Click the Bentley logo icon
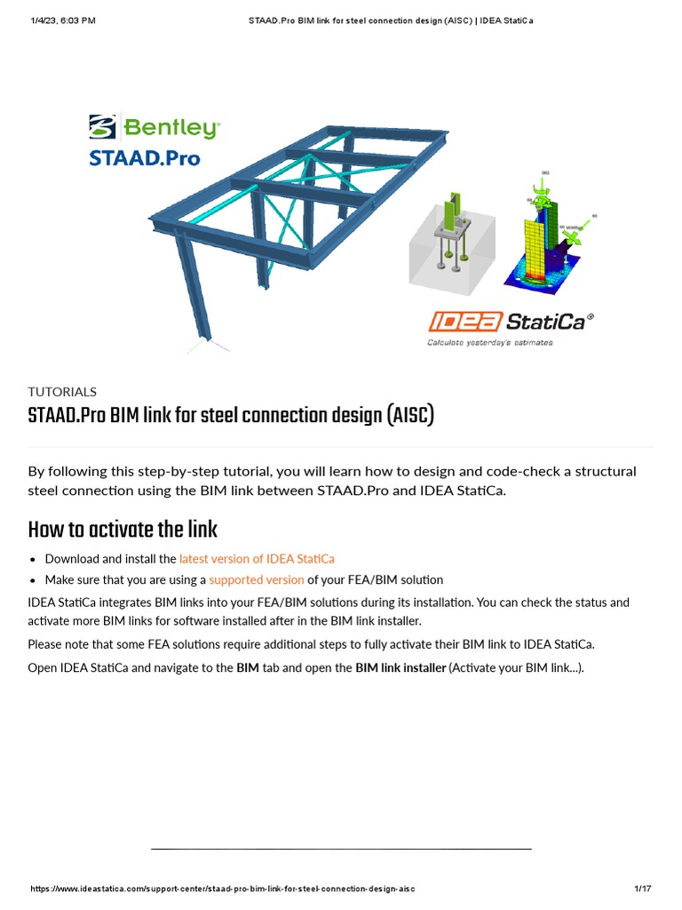[102, 126]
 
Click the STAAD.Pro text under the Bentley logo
[144, 159]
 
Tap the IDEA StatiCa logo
[511, 321]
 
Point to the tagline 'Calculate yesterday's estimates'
[489, 342]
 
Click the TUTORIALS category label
[62, 391]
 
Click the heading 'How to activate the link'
[123, 530]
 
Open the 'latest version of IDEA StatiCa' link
[257, 559]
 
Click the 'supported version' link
[257, 579]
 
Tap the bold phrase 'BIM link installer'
[400, 667]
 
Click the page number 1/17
[642, 889]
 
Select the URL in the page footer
[222, 889]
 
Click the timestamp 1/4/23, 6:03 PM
[63, 20]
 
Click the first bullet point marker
[33, 560]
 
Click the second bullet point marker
[33, 580]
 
